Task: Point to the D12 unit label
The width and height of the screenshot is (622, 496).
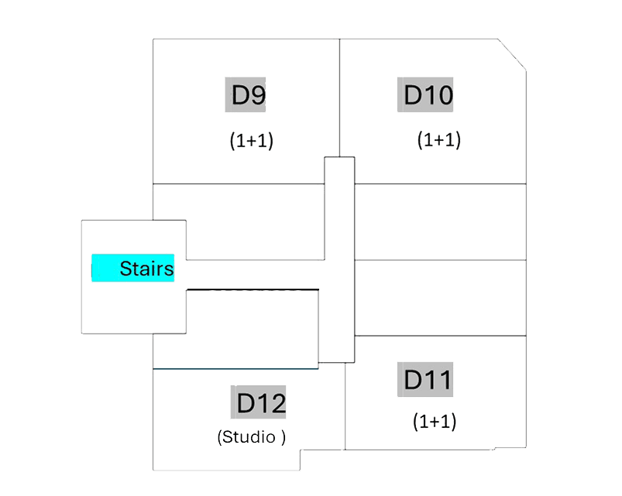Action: (x=261, y=403)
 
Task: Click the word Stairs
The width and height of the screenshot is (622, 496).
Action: (x=146, y=269)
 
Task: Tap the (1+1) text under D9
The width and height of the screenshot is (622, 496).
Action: (x=252, y=141)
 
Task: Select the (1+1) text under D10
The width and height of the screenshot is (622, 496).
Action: (x=439, y=140)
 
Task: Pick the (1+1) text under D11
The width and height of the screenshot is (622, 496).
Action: (x=435, y=422)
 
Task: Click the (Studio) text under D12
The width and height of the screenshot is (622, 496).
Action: (x=252, y=437)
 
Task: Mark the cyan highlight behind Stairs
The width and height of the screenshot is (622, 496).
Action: (x=105, y=269)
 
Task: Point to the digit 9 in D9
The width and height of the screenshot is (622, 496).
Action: (x=259, y=95)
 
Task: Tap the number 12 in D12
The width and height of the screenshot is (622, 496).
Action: (x=272, y=403)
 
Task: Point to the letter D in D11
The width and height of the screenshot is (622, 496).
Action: (x=414, y=380)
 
